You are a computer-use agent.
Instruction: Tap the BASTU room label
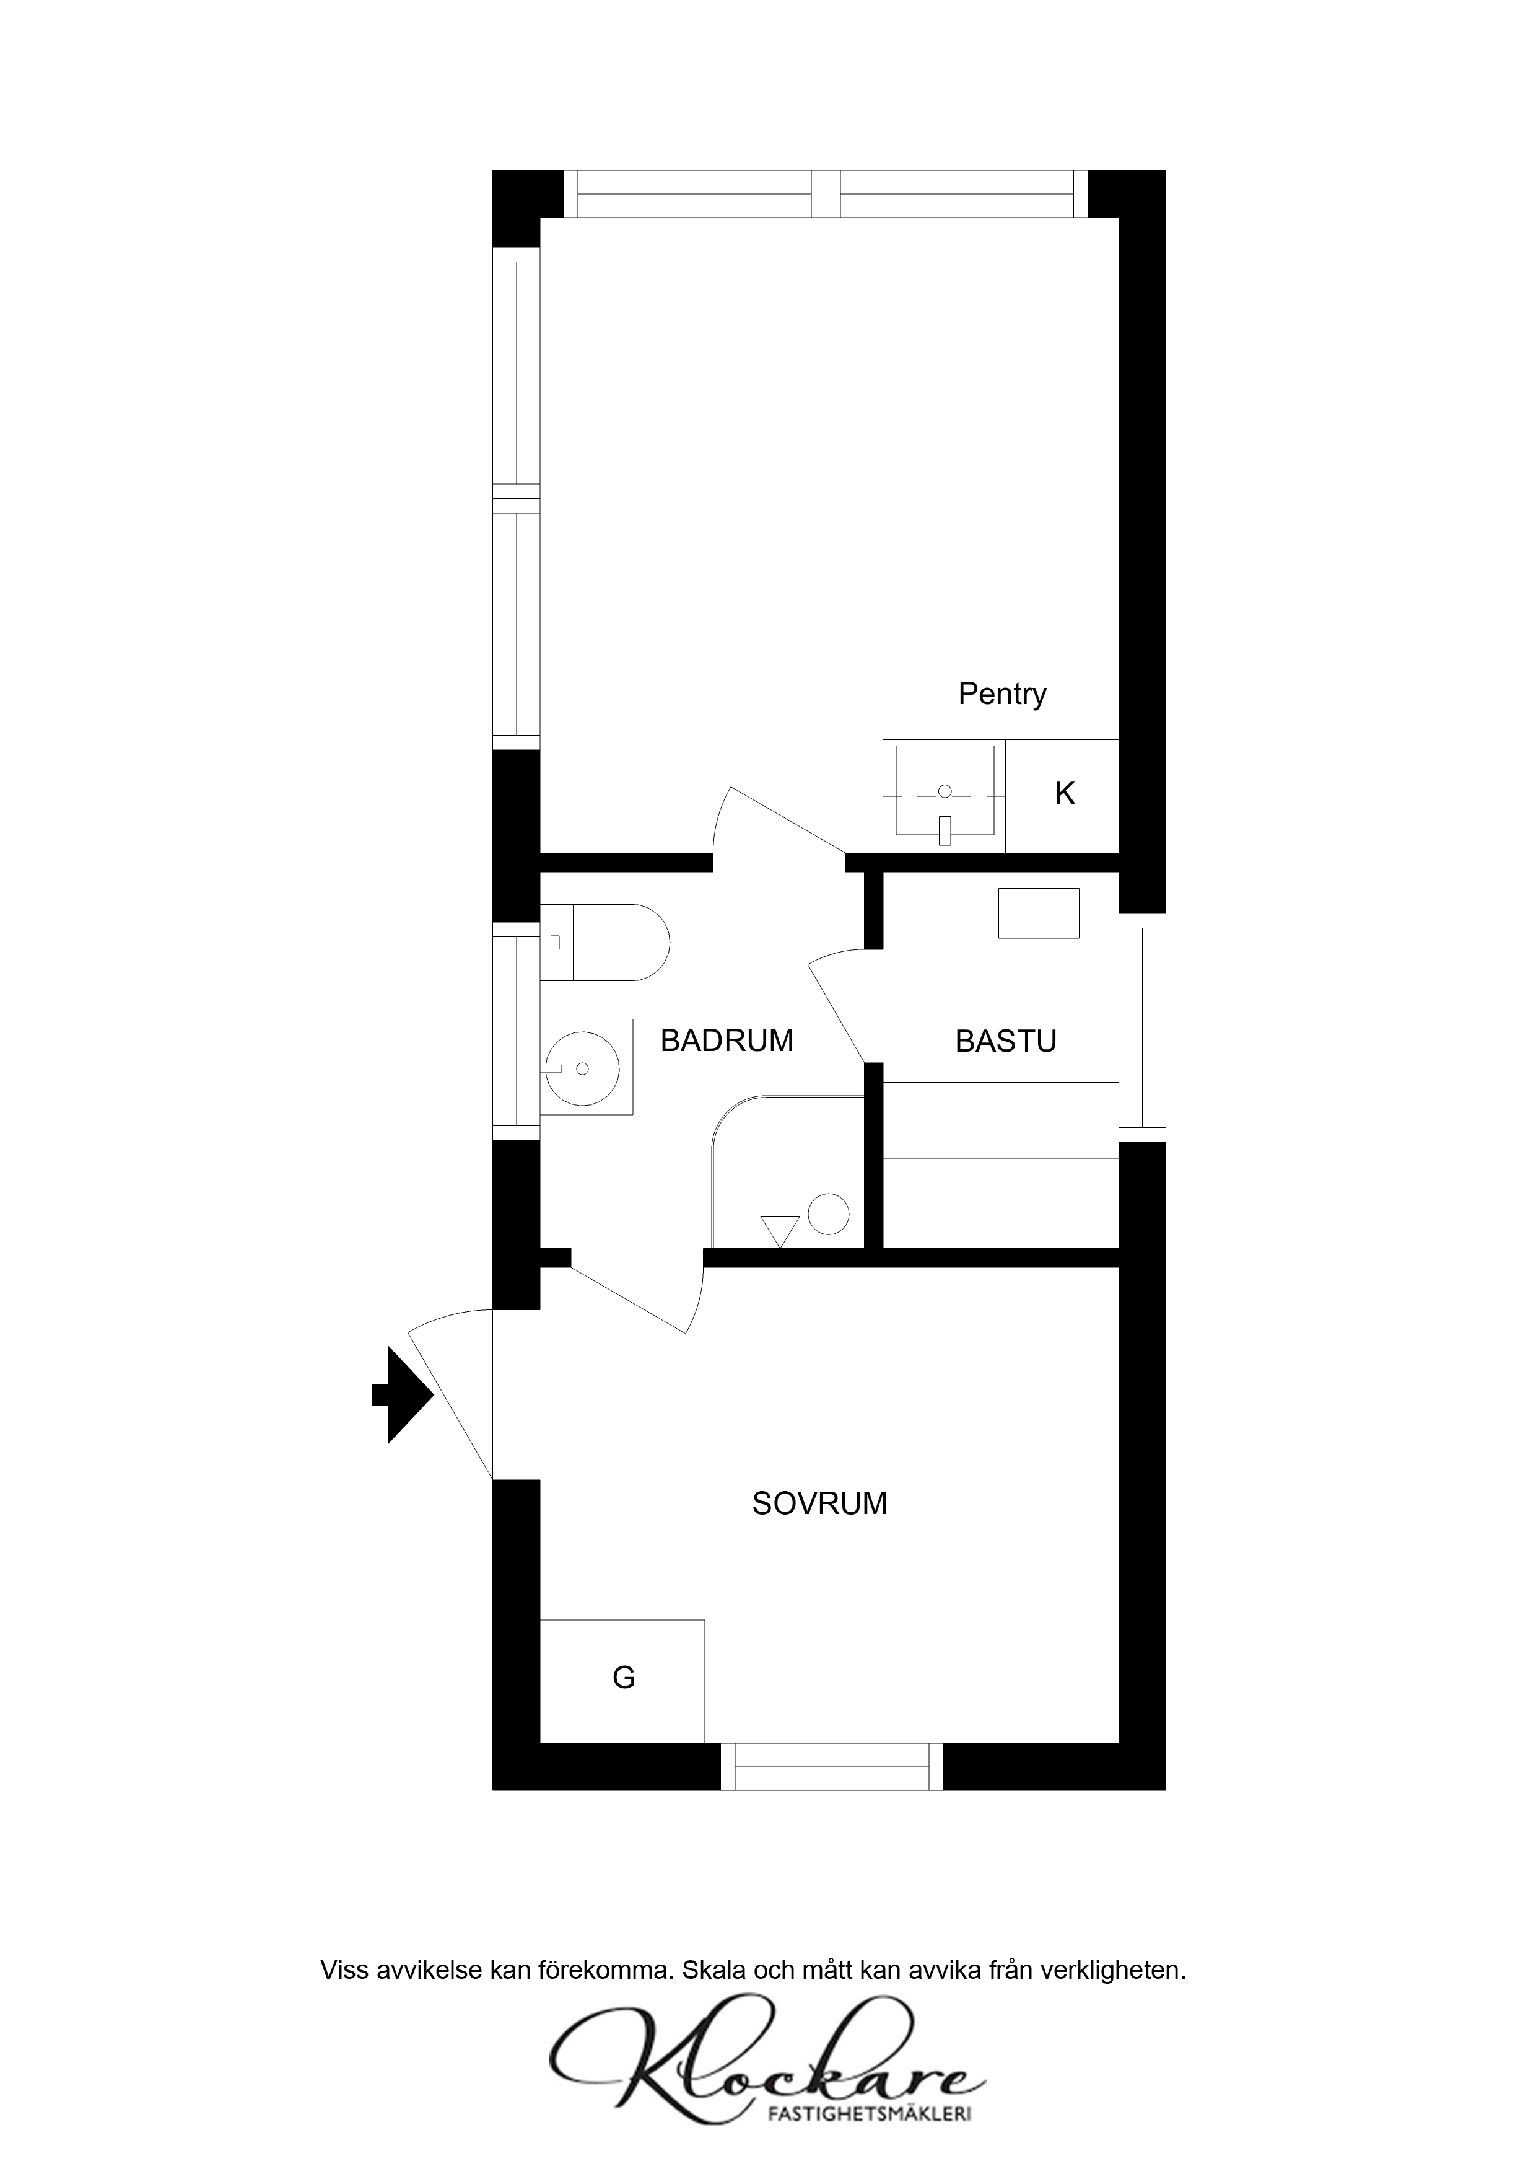click(1005, 1042)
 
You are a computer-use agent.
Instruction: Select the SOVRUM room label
click(819, 1503)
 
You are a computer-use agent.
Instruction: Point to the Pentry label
click(1002, 694)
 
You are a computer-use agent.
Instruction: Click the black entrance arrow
click(402, 1395)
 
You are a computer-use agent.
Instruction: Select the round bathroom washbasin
click(583, 1068)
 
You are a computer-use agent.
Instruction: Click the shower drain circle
click(828, 1214)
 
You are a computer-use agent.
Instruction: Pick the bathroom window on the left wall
click(516, 1031)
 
